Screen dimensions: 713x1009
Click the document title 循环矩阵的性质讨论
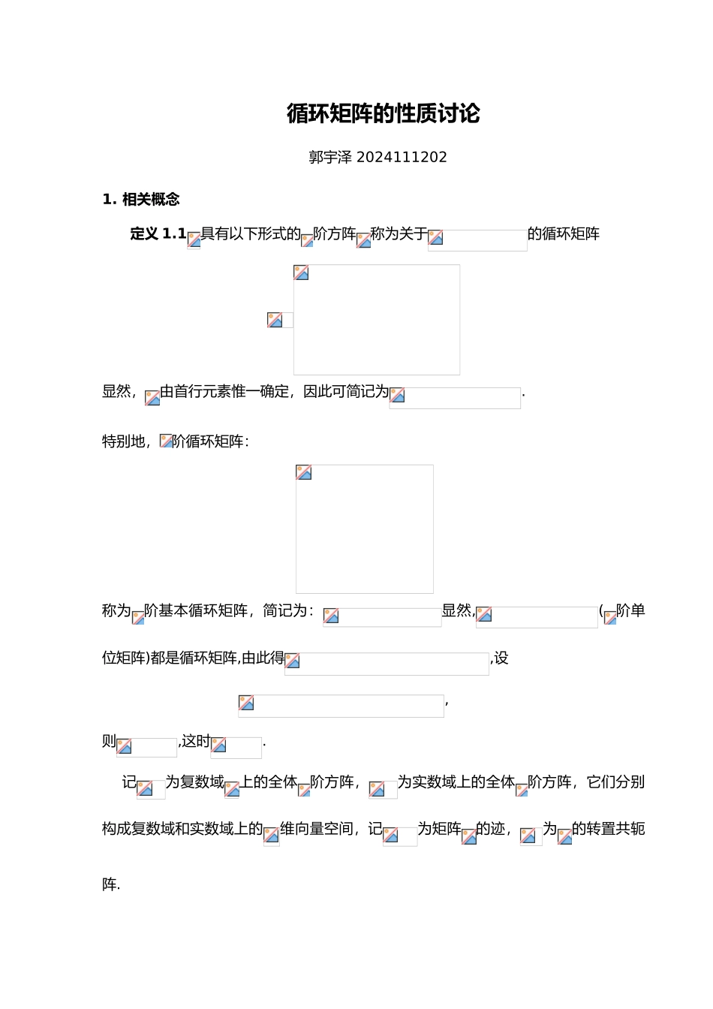[x=383, y=114]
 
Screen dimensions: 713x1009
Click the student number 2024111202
[x=402, y=158]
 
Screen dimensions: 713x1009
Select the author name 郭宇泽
[x=330, y=158]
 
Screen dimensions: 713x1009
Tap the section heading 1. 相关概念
[x=141, y=200]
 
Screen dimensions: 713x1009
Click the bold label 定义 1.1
[x=158, y=234]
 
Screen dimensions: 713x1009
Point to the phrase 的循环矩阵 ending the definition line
[x=564, y=234]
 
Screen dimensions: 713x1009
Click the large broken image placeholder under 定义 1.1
[x=376, y=320]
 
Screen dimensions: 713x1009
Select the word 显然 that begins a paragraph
[x=116, y=392]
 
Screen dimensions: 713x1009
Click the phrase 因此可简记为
[x=346, y=392]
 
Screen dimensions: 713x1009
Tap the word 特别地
[x=123, y=441]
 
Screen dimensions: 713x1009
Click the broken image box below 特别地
[x=364, y=529]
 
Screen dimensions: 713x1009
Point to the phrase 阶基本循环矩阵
[x=196, y=611]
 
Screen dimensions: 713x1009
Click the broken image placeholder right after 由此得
[x=387, y=664]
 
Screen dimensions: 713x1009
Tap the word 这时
[x=196, y=742]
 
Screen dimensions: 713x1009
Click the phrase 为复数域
[x=194, y=782]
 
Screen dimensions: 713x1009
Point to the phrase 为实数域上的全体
[x=456, y=782]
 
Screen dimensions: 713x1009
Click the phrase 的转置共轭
[x=608, y=829]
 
